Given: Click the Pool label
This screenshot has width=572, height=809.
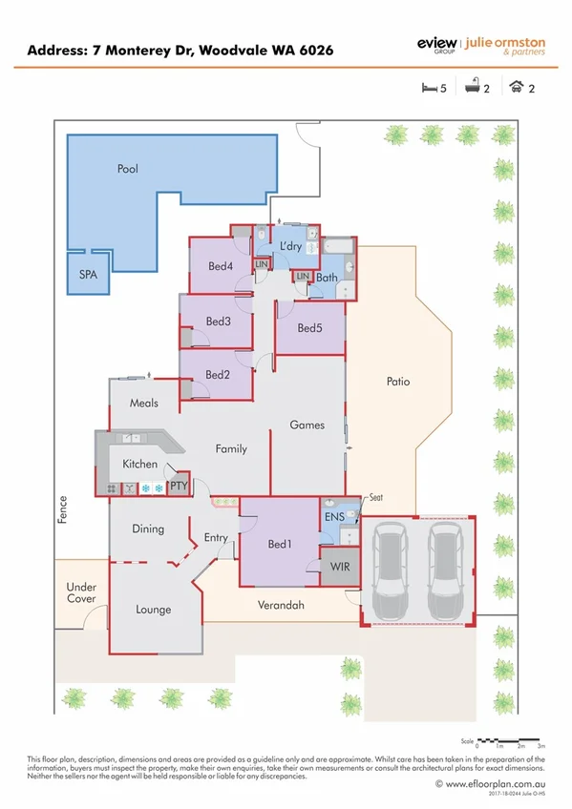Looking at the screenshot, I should pyautogui.click(x=127, y=169).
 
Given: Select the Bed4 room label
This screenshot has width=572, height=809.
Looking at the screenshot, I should pyautogui.click(x=221, y=266).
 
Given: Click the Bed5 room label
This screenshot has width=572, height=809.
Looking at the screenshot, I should pyautogui.click(x=310, y=328).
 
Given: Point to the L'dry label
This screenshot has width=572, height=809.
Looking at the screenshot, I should pyautogui.click(x=290, y=246).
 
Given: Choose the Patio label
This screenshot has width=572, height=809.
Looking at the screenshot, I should pyautogui.click(x=398, y=382).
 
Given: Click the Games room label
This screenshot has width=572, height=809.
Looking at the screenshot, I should pyautogui.click(x=307, y=425).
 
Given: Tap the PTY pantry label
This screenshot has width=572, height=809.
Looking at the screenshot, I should pyautogui.click(x=179, y=486).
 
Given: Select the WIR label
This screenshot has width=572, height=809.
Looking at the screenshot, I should pyautogui.click(x=338, y=566).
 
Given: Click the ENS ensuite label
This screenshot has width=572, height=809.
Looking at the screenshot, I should pyautogui.click(x=333, y=515).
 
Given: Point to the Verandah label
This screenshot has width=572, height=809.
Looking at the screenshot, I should pyautogui.click(x=281, y=605).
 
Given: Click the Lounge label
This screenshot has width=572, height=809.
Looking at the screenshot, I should pyautogui.click(x=153, y=609).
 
